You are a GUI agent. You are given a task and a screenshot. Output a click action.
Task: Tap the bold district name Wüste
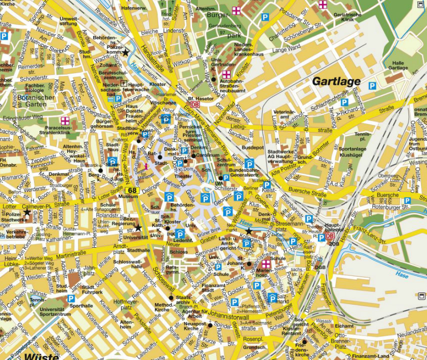(40, 356)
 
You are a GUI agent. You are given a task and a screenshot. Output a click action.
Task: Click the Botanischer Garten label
(38, 101)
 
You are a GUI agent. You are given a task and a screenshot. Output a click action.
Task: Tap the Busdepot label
(252, 148)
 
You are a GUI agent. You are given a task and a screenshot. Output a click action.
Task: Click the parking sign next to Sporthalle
(71, 298)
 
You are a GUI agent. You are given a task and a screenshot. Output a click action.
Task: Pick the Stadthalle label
(138, 250)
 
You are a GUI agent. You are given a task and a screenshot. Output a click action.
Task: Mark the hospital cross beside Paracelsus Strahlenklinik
(65, 120)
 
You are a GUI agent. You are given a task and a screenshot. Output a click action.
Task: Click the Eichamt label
(344, 326)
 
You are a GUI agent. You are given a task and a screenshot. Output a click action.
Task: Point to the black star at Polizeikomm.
(126, 52)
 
